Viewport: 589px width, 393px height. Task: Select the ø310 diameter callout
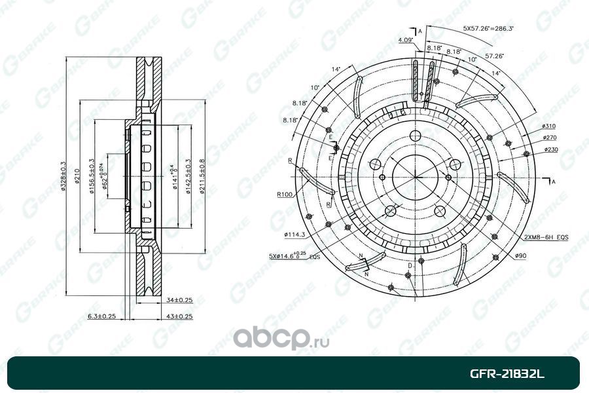tap(548, 126)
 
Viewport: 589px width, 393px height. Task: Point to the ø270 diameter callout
tap(548, 138)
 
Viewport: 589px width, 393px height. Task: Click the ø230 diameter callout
tap(548, 150)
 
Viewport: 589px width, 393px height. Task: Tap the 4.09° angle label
tap(404, 41)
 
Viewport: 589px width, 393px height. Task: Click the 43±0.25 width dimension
tap(175, 317)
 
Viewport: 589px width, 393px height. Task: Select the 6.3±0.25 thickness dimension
tap(102, 317)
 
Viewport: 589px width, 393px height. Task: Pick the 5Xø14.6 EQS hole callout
tap(296, 255)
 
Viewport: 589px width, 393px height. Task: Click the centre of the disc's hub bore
tap(414, 177)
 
